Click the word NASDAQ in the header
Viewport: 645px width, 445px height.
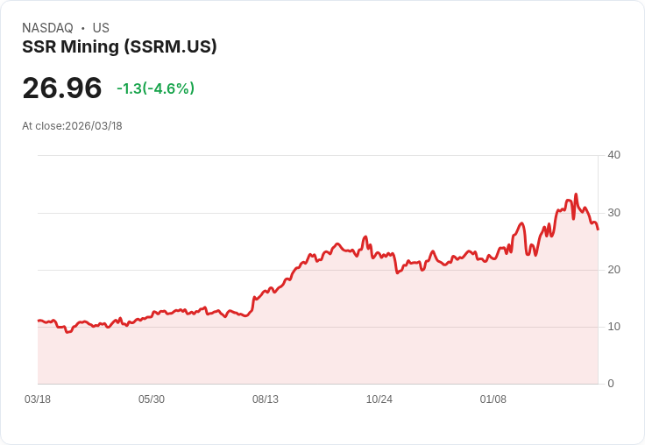pos(47,28)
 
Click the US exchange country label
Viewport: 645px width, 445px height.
pos(101,28)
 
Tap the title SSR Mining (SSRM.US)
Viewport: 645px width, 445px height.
pos(119,46)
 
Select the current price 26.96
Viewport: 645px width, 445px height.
pos(62,88)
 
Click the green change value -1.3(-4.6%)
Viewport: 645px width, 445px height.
pos(155,88)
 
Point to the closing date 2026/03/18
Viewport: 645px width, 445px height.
pos(94,126)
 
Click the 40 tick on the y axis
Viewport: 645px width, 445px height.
pos(613,155)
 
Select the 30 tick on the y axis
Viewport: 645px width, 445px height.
pos(613,212)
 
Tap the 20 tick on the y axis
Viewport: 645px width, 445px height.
pos(613,269)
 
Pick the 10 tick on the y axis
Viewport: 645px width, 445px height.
pos(613,326)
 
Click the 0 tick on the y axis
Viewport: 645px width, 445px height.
pos(611,383)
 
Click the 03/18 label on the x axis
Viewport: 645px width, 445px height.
pos(38,399)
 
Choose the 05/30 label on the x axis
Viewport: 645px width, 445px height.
pos(152,399)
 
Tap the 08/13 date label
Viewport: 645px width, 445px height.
pos(266,399)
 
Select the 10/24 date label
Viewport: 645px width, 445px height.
pos(379,399)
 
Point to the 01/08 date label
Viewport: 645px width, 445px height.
pos(493,399)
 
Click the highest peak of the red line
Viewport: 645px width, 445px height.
pos(576,194)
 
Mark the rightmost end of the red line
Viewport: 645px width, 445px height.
pos(598,230)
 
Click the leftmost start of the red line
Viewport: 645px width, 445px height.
pos(38,321)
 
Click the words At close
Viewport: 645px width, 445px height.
pos(42,126)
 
